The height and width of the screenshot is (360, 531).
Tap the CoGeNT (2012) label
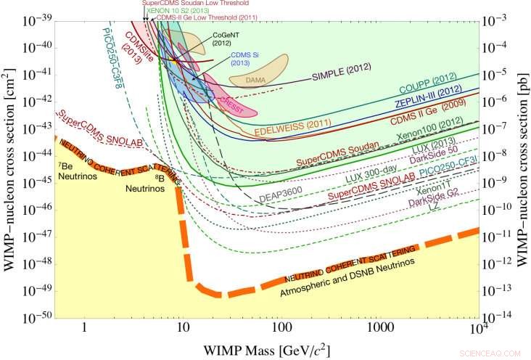coord(222,39)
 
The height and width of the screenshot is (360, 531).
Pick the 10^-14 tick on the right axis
coord(501,316)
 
